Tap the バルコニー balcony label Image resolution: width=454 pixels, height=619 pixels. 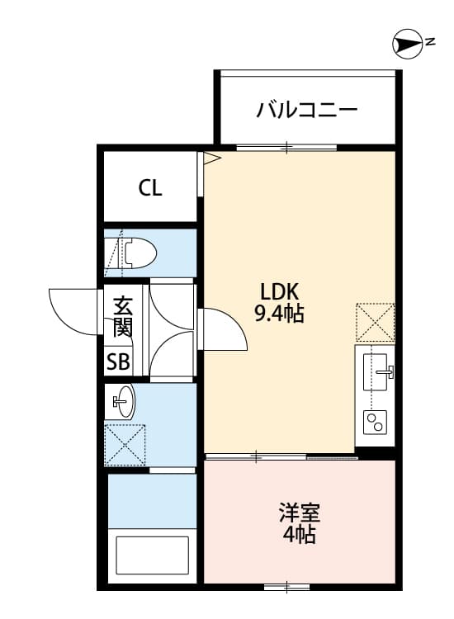(x=306, y=109)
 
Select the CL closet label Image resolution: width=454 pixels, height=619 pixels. (x=150, y=188)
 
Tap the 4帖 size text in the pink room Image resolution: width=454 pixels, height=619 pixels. (x=298, y=534)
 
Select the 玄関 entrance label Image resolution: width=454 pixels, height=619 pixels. (x=122, y=317)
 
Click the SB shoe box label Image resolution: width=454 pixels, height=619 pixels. (x=118, y=361)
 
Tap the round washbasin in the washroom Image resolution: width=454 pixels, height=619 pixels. (x=124, y=403)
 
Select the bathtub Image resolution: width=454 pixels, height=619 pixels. (x=152, y=555)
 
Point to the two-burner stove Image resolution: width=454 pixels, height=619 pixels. (x=376, y=423)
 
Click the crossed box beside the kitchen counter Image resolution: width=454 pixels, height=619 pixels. (x=376, y=322)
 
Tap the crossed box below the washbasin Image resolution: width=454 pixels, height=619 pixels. (x=125, y=445)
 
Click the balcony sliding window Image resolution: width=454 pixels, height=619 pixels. (x=286, y=148)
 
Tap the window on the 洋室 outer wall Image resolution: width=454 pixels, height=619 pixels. (x=287, y=588)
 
